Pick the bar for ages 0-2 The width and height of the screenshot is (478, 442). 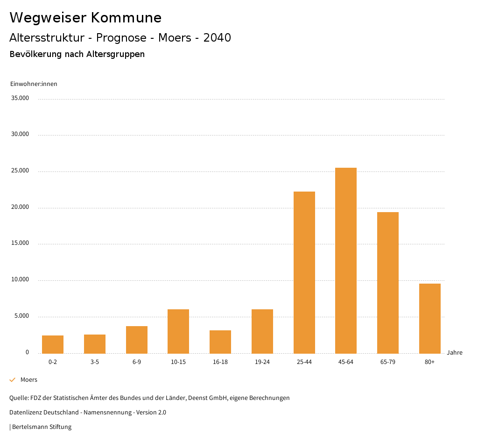(53, 344)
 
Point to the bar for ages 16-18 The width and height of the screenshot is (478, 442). (220, 342)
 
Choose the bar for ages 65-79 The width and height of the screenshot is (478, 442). (388, 283)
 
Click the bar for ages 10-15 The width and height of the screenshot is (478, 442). (178, 331)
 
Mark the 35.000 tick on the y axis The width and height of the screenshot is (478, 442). (21, 98)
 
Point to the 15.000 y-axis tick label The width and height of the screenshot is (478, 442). (21, 243)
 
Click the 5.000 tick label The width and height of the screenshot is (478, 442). (22, 316)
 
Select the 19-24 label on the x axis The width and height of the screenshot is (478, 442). (262, 362)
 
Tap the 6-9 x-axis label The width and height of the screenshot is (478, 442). (137, 362)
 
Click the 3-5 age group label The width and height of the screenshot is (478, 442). (95, 362)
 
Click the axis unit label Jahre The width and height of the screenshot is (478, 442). (455, 353)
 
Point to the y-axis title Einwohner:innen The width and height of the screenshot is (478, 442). (34, 84)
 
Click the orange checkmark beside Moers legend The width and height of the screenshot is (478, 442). (13, 380)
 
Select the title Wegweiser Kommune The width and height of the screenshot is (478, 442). (85, 18)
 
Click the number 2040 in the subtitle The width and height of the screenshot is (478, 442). (217, 38)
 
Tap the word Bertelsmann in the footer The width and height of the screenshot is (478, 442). (30, 427)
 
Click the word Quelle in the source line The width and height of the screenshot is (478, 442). (18, 398)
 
